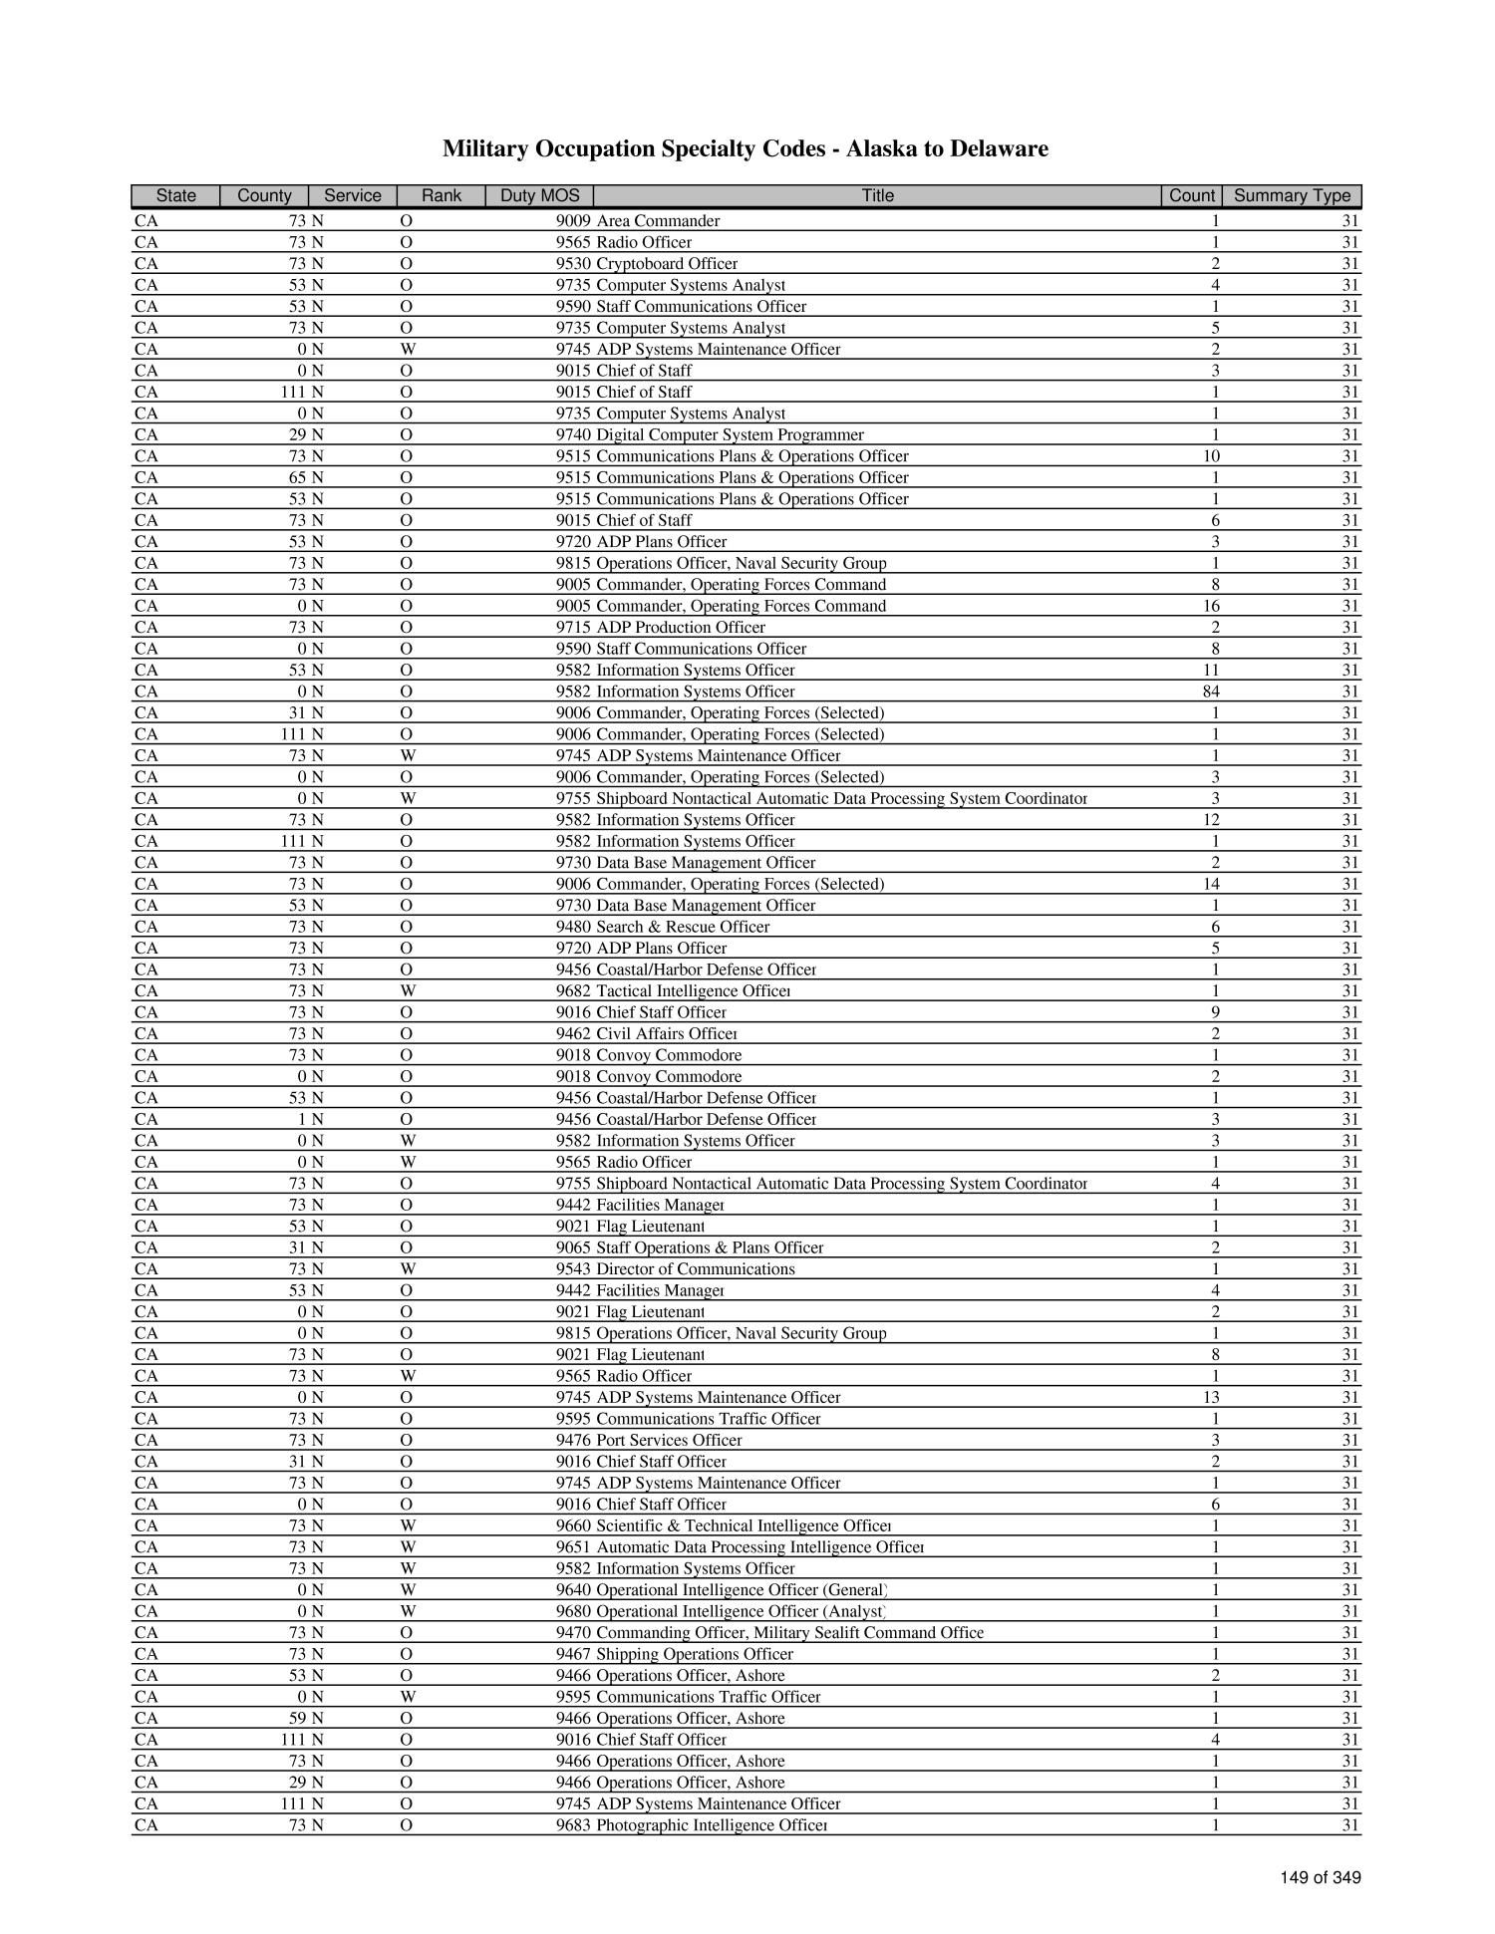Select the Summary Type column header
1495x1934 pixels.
tap(1292, 195)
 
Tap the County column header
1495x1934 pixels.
tap(264, 195)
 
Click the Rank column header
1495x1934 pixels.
tap(441, 195)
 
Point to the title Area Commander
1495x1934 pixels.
tap(658, 221)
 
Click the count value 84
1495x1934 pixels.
tap(1213, 691)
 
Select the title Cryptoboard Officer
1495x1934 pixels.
tap(667, 264)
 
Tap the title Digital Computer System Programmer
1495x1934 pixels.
tap(730, 434)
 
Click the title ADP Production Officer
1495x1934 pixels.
tap(681, 628)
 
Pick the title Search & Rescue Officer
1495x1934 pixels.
tap(683, 927)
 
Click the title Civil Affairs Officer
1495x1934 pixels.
tap(667, 1034)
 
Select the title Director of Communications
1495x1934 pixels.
tap(696, 1269)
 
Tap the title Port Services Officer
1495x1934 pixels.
tap(669, 1440)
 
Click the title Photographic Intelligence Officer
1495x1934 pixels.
tap(712, 1825)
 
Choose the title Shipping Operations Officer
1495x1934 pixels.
tap(695, 1654)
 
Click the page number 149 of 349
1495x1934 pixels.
tap(1321, 1878)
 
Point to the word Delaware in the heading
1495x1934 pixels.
tap(1001, 149)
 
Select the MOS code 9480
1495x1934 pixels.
tap(573, 927)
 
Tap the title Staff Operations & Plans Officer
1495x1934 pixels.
tap(710, 1247)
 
